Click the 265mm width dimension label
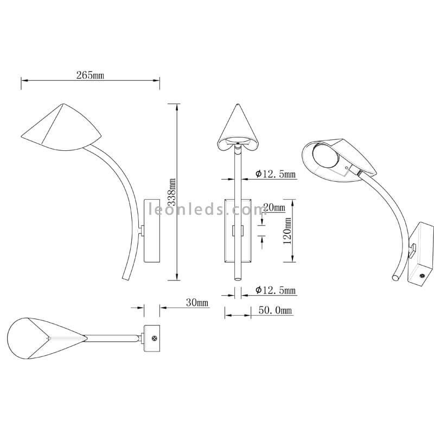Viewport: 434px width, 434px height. click(x=90, y=75)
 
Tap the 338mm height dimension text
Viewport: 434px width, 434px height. click(x=173, y=192)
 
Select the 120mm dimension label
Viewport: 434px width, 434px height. click(x=288, y=231)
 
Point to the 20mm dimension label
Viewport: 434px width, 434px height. click(x=274, y=207)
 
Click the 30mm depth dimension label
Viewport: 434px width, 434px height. click(x=197, y=303)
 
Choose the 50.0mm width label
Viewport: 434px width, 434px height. click(x=275, y=310)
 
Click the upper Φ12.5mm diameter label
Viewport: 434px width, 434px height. click(x=276, y=174)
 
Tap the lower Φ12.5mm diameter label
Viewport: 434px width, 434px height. click(x=276, y=290)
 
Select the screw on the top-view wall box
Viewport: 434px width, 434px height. click(x=155, y=338)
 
